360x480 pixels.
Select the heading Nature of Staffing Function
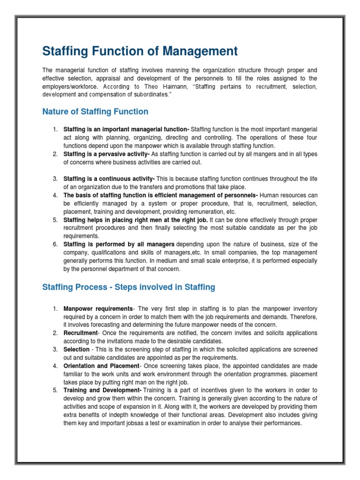click(x=95, y=112)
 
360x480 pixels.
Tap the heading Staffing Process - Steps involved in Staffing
click(x=128, y=287)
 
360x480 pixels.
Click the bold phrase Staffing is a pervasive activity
click(x=106, y=154)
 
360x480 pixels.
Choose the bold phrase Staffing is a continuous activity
click(x=109, y=179)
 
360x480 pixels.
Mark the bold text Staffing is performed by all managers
click(x=119, y=244)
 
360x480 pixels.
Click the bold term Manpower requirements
click(x=98, y=308)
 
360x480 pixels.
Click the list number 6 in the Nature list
click(x=54, y=244)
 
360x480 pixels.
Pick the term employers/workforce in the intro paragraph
click(x=71, y=87)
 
